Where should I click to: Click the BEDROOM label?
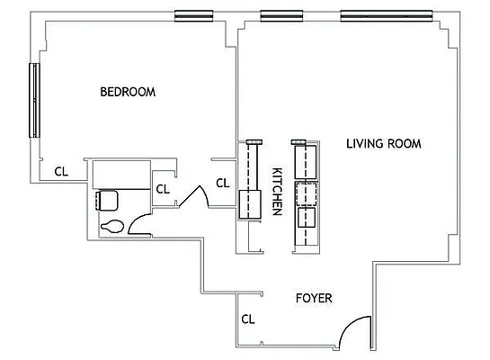tap(128, 92)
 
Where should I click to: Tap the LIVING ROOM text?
tap(384, 143)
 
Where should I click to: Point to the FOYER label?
tap(315, 297)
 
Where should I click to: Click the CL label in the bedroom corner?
tap(60, 170)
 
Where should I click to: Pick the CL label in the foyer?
tap(247, 319)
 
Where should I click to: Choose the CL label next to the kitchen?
tap(223, 184)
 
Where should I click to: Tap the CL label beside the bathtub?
tap(163, 189)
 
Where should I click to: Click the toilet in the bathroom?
tap(112, 226)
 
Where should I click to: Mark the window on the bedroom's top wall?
tap(194, 15)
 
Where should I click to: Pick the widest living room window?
tap(388, 15)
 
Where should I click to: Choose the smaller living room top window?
tap(280, 15)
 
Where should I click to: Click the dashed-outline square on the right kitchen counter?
tap(307, 194)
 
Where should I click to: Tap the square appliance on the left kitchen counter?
tap(249, 199)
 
